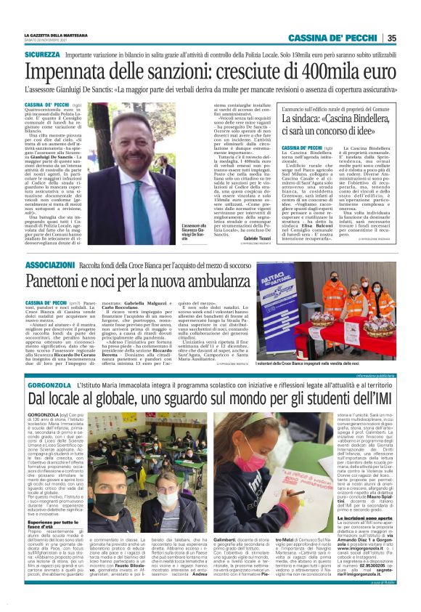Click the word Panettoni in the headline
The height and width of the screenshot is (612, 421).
click(60, 283)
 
